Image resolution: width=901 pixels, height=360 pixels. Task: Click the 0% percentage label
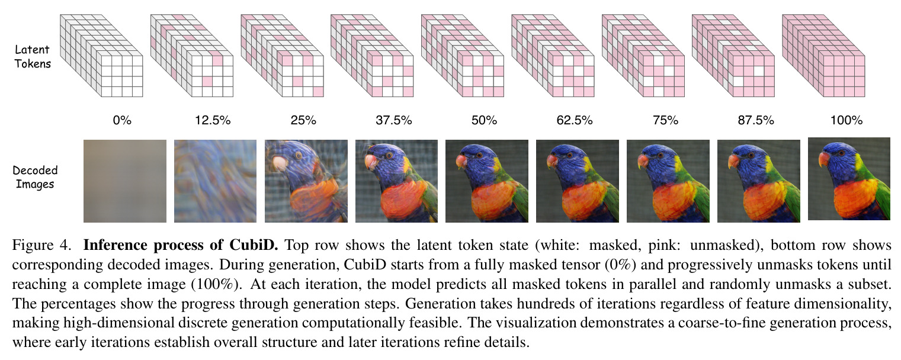(x=122, y=120)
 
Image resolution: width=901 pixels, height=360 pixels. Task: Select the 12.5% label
(x=213, y=120)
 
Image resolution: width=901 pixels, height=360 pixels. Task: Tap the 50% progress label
(x=485, y=120)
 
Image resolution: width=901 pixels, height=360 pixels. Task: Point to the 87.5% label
(x=756, y=120)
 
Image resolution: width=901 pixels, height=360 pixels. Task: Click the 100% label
(x=847, y=120)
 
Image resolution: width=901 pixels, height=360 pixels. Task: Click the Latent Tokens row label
(x=33, y=57)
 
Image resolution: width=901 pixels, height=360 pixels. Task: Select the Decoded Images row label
(x=35, y=177)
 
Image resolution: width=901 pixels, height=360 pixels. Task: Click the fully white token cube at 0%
(x=101, y=56)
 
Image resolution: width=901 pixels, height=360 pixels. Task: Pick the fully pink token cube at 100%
(x=823, y=56)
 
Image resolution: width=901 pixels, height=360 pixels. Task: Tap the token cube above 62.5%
(x=553, y=56)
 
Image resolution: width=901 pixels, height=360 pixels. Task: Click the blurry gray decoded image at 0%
(x=124, y=181)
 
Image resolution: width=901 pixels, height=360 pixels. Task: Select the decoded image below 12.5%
(x=215, y=181)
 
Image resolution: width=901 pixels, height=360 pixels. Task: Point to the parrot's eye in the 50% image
(x=479, y=155)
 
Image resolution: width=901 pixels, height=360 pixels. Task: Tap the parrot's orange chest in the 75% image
(x=676, y=201)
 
